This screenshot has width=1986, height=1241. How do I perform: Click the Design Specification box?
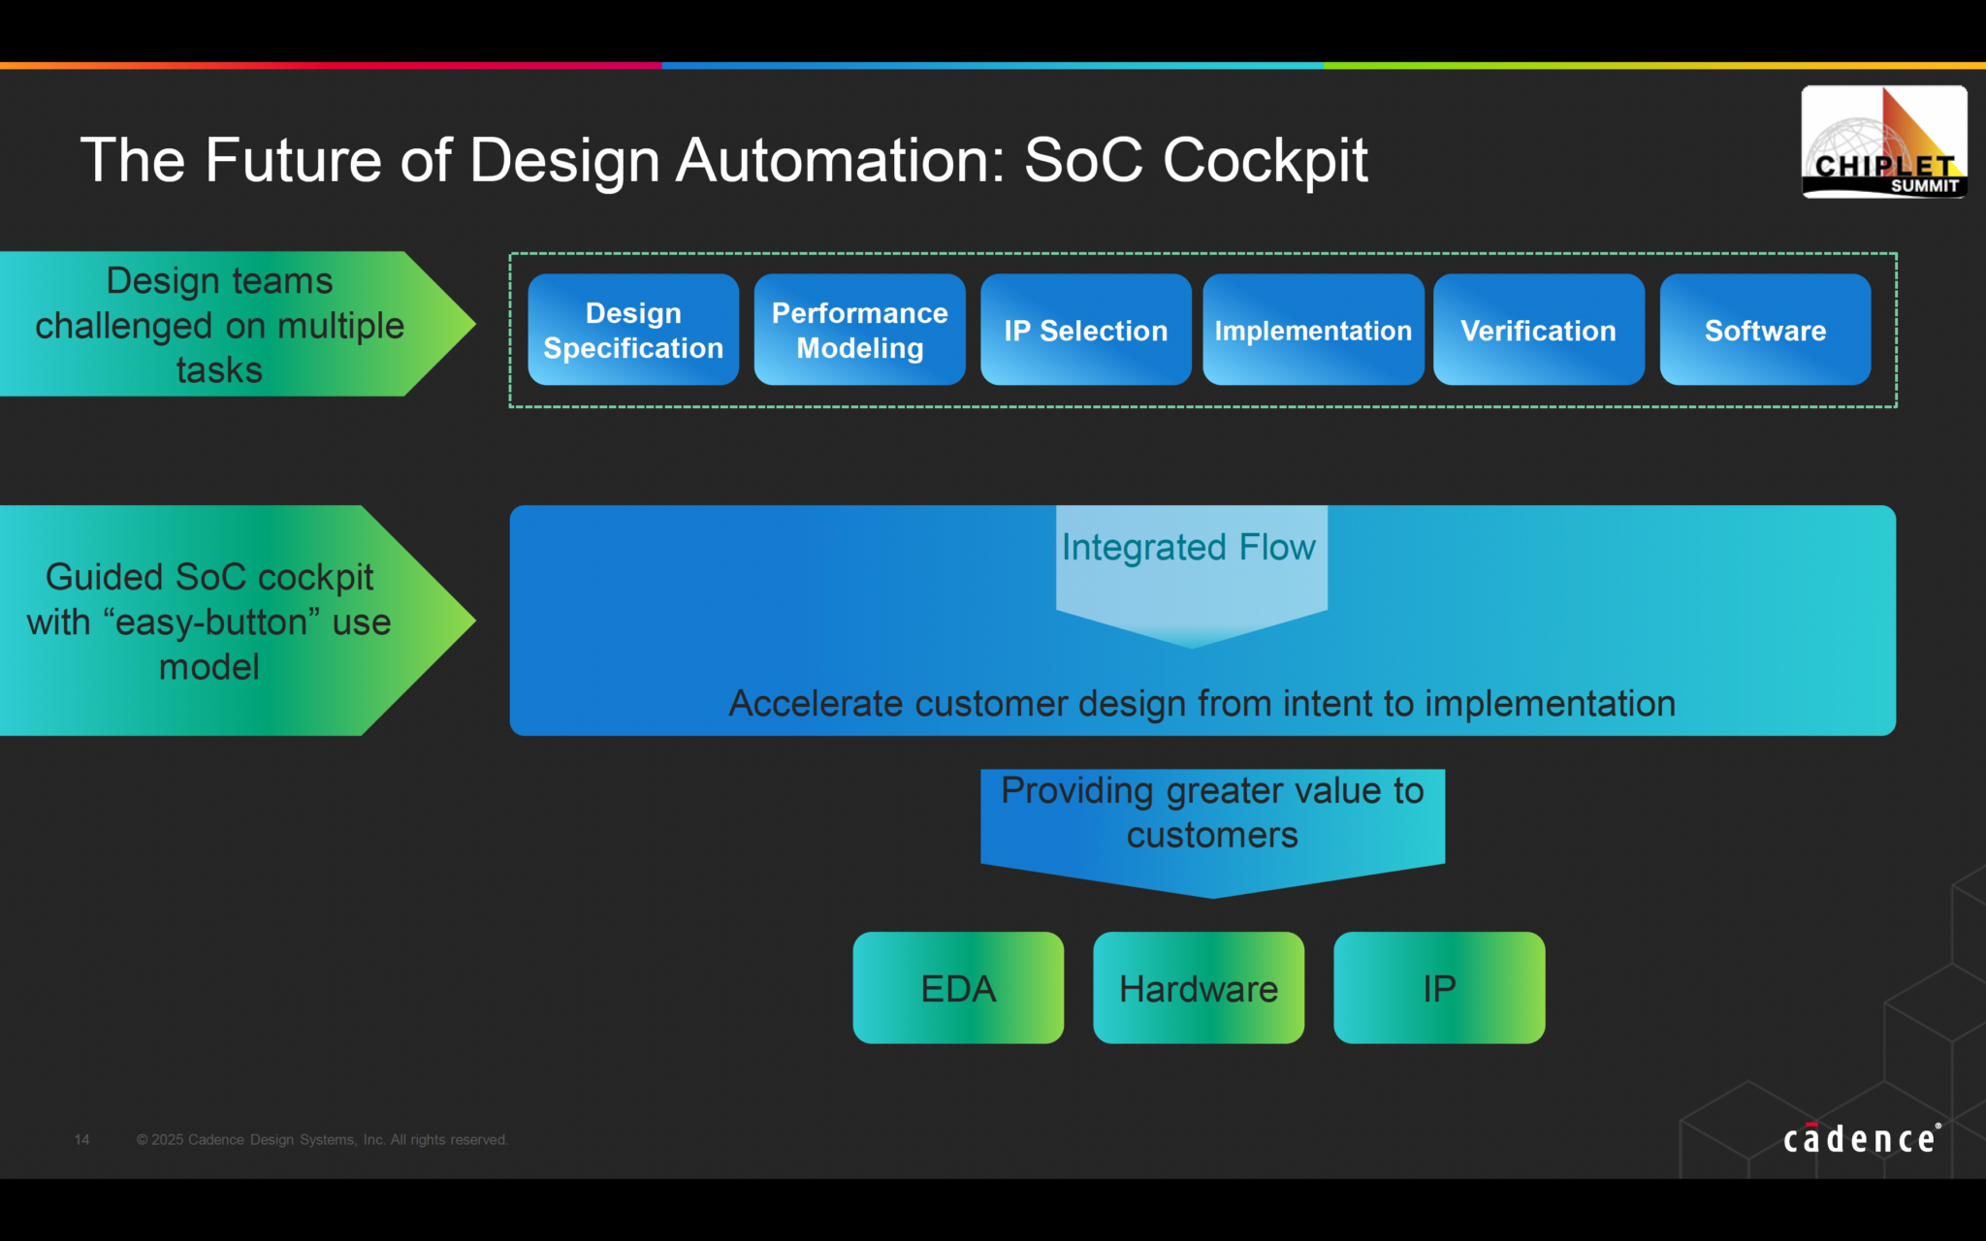tap(633, 330)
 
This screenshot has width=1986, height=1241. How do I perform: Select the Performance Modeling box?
tap(859, 330)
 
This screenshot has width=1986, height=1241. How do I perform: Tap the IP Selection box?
tap(1085, 330)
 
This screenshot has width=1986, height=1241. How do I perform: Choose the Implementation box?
tap(1313, 330)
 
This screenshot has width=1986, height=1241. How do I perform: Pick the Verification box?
tap(1538, 330)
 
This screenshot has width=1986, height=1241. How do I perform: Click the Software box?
tap(1765, 330)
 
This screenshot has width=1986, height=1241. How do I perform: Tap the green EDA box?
tap(958, 988)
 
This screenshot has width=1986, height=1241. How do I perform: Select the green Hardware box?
tap(1199, 988)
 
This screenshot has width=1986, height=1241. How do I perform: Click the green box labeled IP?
tap(1439, 988)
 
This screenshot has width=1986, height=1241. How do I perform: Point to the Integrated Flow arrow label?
tap(1190, 549)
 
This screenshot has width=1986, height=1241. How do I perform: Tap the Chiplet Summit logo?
tap(1883, 143)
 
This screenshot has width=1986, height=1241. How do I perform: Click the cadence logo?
tap(1861, 1138)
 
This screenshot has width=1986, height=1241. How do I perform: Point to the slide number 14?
tap(82, 1140)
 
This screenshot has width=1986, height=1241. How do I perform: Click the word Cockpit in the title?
tap(1265, 160)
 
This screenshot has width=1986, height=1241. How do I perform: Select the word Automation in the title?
tap(840, 160)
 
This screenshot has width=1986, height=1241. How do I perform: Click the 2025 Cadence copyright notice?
tap(322, 1140)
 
